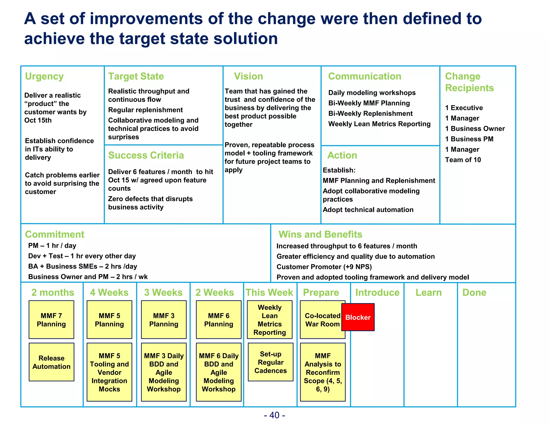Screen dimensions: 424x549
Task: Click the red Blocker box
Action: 358,317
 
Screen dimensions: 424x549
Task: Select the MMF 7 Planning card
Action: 51,319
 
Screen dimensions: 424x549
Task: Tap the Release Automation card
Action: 51,362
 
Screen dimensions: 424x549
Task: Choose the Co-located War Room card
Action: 322,319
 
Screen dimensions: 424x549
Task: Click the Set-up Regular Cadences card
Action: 270,362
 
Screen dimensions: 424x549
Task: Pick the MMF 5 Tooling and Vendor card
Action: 109,372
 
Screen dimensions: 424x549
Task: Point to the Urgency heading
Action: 44,76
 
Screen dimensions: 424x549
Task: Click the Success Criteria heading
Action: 146,155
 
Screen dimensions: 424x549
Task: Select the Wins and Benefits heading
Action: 320,234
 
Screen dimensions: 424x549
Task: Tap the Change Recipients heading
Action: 469,82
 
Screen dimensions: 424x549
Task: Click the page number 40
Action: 274,415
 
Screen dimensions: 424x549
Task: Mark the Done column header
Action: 474,292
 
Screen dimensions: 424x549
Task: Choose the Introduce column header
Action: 377,292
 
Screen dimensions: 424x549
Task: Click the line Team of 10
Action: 463,160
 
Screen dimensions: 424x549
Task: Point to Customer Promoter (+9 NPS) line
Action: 324,267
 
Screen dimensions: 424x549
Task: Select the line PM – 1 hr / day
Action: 52,246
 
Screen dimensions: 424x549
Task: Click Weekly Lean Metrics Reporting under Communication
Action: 379,124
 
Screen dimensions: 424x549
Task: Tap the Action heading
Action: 342,155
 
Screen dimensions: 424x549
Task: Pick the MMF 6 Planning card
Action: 218,319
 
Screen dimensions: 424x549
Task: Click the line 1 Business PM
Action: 469,139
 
